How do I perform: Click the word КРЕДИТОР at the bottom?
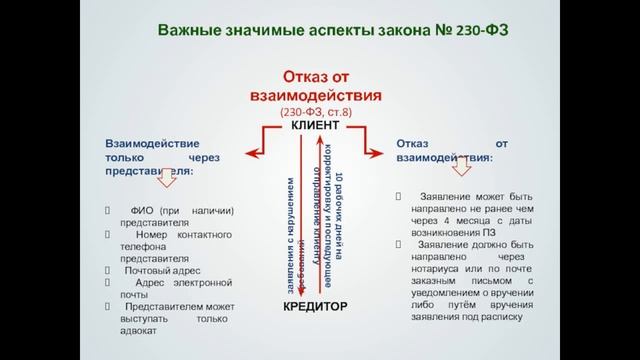pyautogui.click(x=316, y=306)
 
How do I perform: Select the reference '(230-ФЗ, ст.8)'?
pyautogui.click(x=316, y=113)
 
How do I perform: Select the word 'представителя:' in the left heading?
pyautogui.click(x=149, y=171)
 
